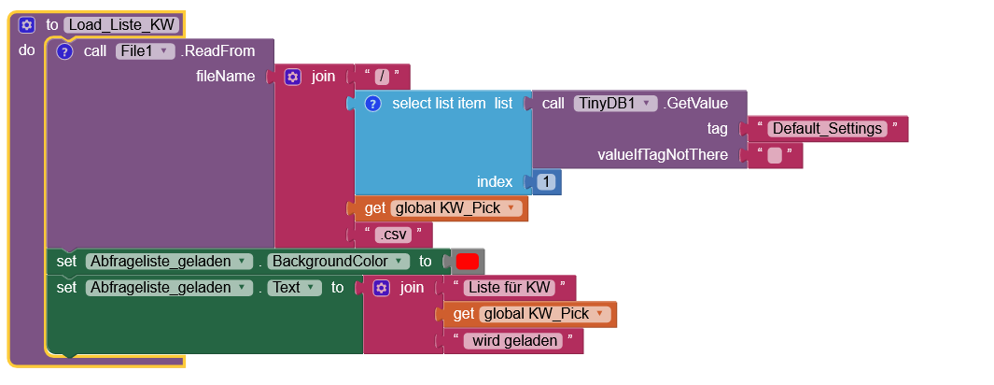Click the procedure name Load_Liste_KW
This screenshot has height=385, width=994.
(x=120, y=25)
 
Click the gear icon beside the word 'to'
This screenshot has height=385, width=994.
(x=26, y=25)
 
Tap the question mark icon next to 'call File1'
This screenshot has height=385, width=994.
(x=64, y=51)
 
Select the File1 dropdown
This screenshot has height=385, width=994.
(x=145, y=51)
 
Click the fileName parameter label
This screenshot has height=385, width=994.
(x=225, y=77)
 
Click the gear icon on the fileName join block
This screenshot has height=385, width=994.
(x=292, y=77)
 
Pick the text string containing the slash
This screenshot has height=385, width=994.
(x=381, y=77)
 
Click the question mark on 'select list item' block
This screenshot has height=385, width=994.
(x=372, y=103)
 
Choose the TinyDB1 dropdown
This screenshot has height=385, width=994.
(x=615, y=103)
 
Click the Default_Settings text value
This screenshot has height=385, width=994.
(x=826, y=129)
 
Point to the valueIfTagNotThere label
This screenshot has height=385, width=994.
(x=662, y=155)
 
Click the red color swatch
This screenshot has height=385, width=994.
(x=467, y=261)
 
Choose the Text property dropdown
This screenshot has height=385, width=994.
(x=294, y=288)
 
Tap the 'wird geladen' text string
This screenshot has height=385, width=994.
(x=515, y=341)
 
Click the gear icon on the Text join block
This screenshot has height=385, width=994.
(x=381, y=288)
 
